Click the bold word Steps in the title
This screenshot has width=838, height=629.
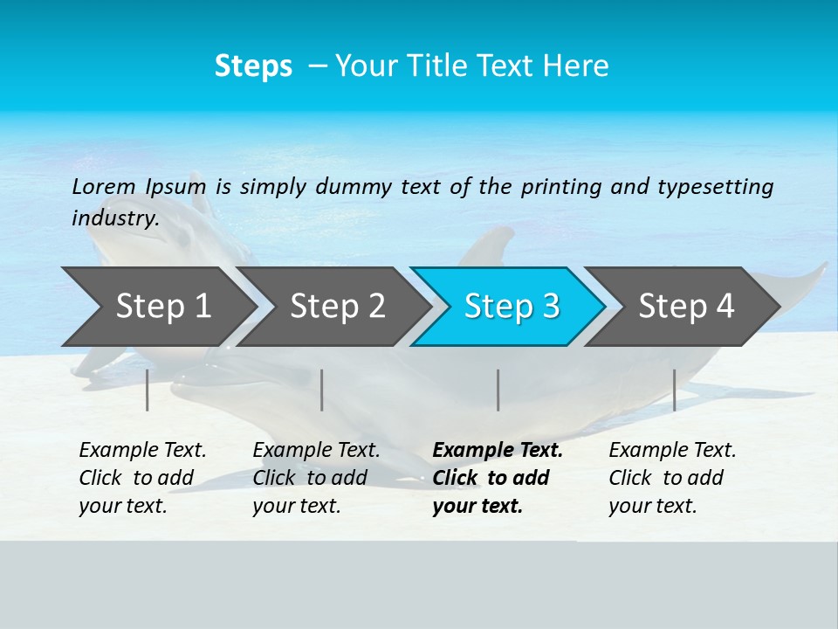[253, 66]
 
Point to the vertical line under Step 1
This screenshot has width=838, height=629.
[148, 390]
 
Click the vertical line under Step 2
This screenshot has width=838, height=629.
[322, 390]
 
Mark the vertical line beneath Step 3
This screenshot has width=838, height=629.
[498, 390]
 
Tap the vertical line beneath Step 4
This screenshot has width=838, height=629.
[674, 390]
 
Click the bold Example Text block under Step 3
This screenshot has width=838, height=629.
[496, 478]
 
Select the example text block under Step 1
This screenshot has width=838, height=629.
[141, 478]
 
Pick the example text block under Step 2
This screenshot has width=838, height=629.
[315, 478]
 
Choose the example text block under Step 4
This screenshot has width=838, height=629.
[671, 478]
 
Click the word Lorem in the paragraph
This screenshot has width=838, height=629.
[104, 186]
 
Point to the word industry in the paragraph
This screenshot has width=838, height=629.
[114, 218]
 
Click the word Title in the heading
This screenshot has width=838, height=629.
[474, 66]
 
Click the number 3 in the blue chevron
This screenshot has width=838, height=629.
[550, 307]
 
